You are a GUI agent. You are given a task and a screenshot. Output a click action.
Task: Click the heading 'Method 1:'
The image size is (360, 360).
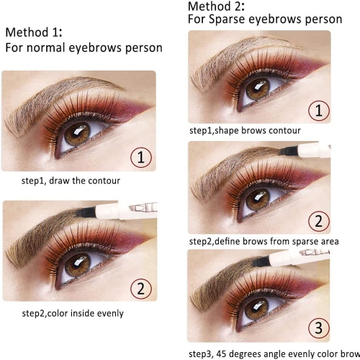[35, 32]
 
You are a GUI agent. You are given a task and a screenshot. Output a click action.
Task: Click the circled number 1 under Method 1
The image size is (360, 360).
[141, 157]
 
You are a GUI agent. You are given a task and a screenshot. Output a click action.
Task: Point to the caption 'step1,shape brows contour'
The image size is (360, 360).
[244, 131]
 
